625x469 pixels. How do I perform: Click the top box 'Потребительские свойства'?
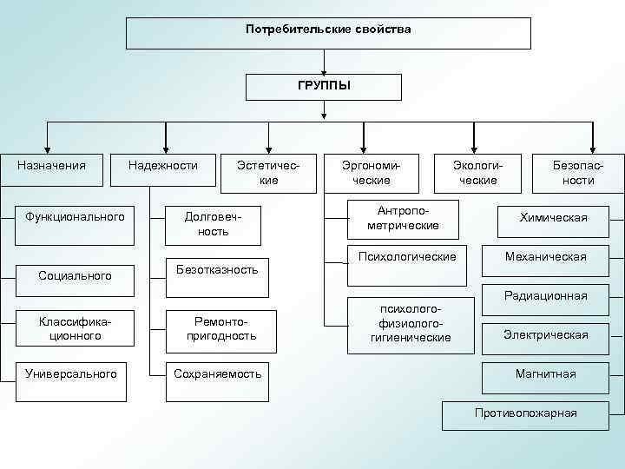point(328,32)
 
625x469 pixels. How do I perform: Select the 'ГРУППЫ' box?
point(324,87)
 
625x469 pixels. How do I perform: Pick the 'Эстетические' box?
point(269,172)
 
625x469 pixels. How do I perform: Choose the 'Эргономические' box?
point(371,172)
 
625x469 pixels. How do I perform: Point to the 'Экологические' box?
point(478,172)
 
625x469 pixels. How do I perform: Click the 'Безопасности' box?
point(578,172)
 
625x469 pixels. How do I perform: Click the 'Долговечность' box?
point(213,224)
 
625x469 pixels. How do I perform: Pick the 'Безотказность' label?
point(216,270)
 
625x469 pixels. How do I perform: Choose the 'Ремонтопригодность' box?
point(221,327)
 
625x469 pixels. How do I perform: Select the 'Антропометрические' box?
point(403,219)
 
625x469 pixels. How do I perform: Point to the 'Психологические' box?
point(401,257)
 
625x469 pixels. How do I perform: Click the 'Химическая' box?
point(553,218)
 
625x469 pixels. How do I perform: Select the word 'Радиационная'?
point(545,295)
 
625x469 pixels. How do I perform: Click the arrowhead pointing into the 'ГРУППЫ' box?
point(324,70)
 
